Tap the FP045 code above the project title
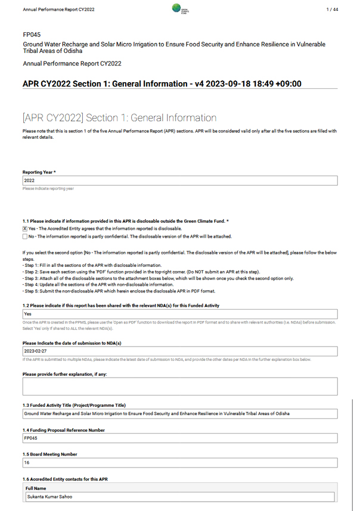pyautogui.click(x=32, y=35)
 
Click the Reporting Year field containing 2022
pyautogui.click(x=179, y=180)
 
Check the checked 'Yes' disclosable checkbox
pyautogui.click(x=25, y=228)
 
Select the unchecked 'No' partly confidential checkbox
pyautogui.click(x=25, y=236)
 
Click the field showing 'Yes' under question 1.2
pyautogui.click(x=179, y=314)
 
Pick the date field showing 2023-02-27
pyautogui.click(x=179, y=351)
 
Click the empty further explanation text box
pyautogui.click(x=179, y=386)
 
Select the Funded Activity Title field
pyautogui.click(x=179, y=413)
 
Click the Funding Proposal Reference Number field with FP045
pyautogui.click(x=179, y=438)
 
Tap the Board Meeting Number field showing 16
pyautogui.click(x=179, y=463)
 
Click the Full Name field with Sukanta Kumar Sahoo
pyautogui.click(x=179, y=496)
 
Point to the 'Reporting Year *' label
pyautogui.click(x=39, y=172)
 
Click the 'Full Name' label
pyautogui.click(x=37, y=487)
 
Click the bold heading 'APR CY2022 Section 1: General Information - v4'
pyautogui.click(x=162, y=83)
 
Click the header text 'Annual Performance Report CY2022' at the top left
pyautogui.click(x=58, y=10)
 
